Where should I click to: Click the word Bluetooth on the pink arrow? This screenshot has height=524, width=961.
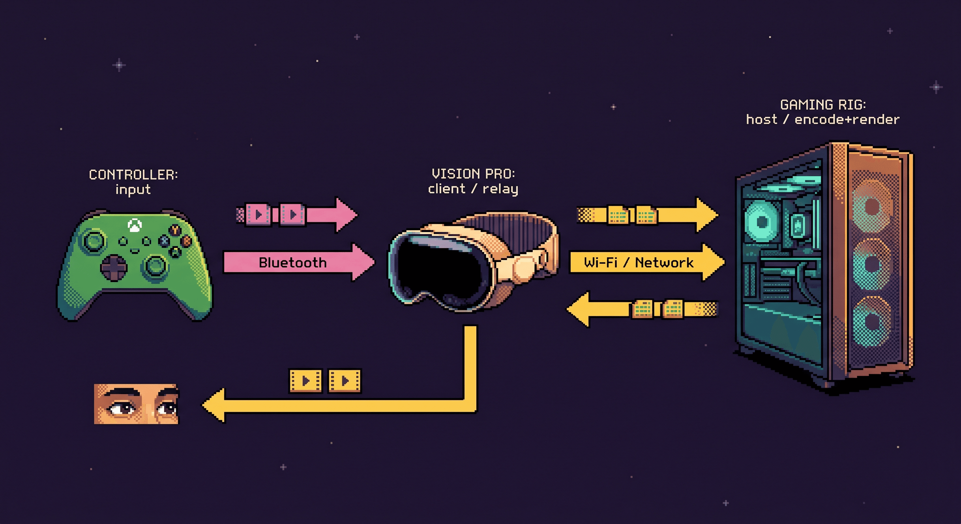coord(292,263)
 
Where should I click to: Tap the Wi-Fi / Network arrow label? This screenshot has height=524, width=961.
coord(638,263)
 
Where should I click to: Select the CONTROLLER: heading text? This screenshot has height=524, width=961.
coord(133,175)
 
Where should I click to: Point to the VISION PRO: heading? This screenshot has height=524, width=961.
coord(473,174)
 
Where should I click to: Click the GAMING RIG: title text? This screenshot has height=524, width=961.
coord(822,105)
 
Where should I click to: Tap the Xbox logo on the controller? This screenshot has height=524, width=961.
coord(134,225)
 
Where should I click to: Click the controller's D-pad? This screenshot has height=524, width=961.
coord(114,267)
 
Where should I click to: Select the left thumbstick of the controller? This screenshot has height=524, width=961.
coord(93,241)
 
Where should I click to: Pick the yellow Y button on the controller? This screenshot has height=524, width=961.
coord(175,230)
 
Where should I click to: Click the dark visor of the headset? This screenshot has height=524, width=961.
coord(436,268)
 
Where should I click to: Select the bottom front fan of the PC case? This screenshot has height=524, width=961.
coord(871,321)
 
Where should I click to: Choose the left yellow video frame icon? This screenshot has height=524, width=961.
coord(305,381)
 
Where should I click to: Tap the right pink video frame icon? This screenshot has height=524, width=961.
coord(292,215)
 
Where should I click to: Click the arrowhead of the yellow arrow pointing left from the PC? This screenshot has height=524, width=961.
coord(578,309)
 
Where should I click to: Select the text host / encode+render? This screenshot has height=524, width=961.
coord(822,120)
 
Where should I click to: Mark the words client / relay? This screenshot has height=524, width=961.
coord(473,189)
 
